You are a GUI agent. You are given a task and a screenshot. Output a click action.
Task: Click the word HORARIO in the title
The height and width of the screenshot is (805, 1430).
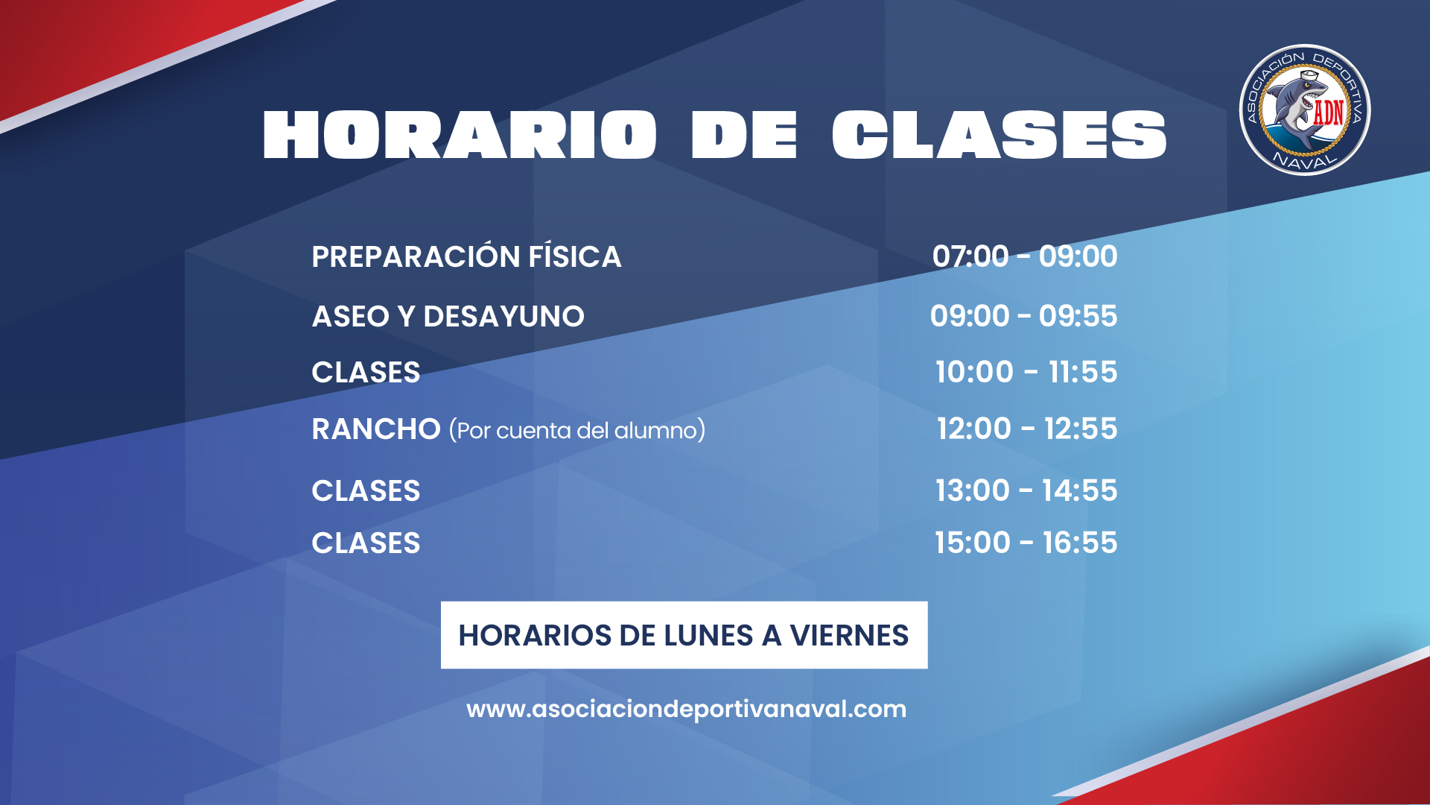[460, 135]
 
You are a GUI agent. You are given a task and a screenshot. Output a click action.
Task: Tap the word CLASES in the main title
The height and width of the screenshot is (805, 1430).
[1000, 135]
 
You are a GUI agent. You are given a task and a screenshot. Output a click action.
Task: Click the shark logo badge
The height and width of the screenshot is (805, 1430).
[1305, 110]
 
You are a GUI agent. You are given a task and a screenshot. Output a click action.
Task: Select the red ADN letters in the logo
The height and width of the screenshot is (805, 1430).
[1329, 113]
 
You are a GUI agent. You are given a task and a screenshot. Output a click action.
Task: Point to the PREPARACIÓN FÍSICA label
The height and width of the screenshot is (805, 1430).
[466, 256]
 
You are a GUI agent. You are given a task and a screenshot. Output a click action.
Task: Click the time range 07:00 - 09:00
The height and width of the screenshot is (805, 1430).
[1025, 256]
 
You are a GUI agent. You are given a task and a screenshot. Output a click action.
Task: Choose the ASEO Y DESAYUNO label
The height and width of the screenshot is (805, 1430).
[448, 316]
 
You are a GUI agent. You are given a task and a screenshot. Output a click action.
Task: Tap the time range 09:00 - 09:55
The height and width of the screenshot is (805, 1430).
[1024, 316]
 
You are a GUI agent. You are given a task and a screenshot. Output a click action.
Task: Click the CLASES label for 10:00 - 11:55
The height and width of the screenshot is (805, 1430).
[366, 372]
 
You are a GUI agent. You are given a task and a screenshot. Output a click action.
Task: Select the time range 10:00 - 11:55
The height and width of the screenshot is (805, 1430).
[1026, 372]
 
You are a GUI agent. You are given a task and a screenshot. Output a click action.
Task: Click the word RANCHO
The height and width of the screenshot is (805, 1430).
[376, 429]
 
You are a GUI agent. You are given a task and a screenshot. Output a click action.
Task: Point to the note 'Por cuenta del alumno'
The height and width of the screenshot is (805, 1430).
[577, 430]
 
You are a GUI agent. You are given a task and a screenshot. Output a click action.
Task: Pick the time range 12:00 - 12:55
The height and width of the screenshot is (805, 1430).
[1027, 429]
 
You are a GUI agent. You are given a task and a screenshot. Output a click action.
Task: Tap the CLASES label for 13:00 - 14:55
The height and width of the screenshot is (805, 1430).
[366, 490]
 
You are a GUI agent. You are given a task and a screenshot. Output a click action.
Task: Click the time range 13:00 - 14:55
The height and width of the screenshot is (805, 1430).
[1026, 490]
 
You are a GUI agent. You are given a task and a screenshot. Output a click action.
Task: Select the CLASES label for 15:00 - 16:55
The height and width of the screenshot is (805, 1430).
[366, 543]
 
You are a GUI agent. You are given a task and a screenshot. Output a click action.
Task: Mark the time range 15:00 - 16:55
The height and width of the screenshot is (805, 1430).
[1026, 543]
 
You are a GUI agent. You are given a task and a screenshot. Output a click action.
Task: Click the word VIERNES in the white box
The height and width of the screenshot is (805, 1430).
[849, 635]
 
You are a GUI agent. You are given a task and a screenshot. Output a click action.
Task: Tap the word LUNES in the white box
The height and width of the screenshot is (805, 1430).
[708, 635]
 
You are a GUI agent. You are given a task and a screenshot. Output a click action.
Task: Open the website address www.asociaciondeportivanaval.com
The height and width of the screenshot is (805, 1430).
[686, 709]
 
